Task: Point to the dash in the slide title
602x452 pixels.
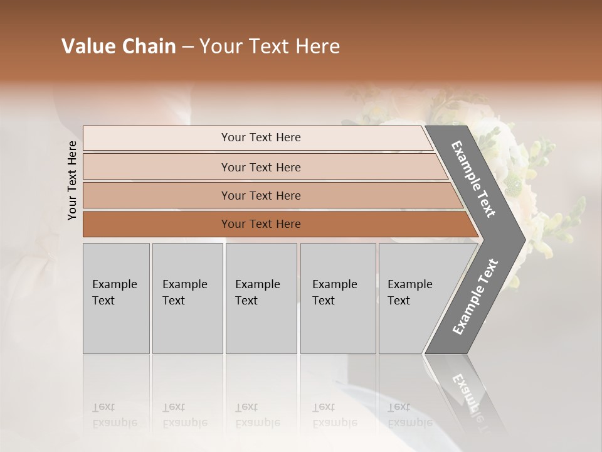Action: [x=187, y=47]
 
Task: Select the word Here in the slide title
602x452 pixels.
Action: [x=317, y=46]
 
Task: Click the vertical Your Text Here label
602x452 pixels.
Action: [x=72, y=180]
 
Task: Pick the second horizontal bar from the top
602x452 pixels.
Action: [x=261, y=167]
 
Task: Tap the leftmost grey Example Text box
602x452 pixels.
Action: [x=116, y=298]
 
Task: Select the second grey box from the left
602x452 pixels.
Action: [x=187, y=298]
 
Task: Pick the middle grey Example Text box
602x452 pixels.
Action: [x=261, y=298]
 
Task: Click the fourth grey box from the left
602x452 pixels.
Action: [x=337, y=298]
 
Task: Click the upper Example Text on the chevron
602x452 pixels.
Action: [x=473, y=179]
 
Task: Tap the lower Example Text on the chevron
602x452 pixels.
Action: [x=475, y=297]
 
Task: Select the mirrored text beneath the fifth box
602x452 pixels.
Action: [x=409, y=415]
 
